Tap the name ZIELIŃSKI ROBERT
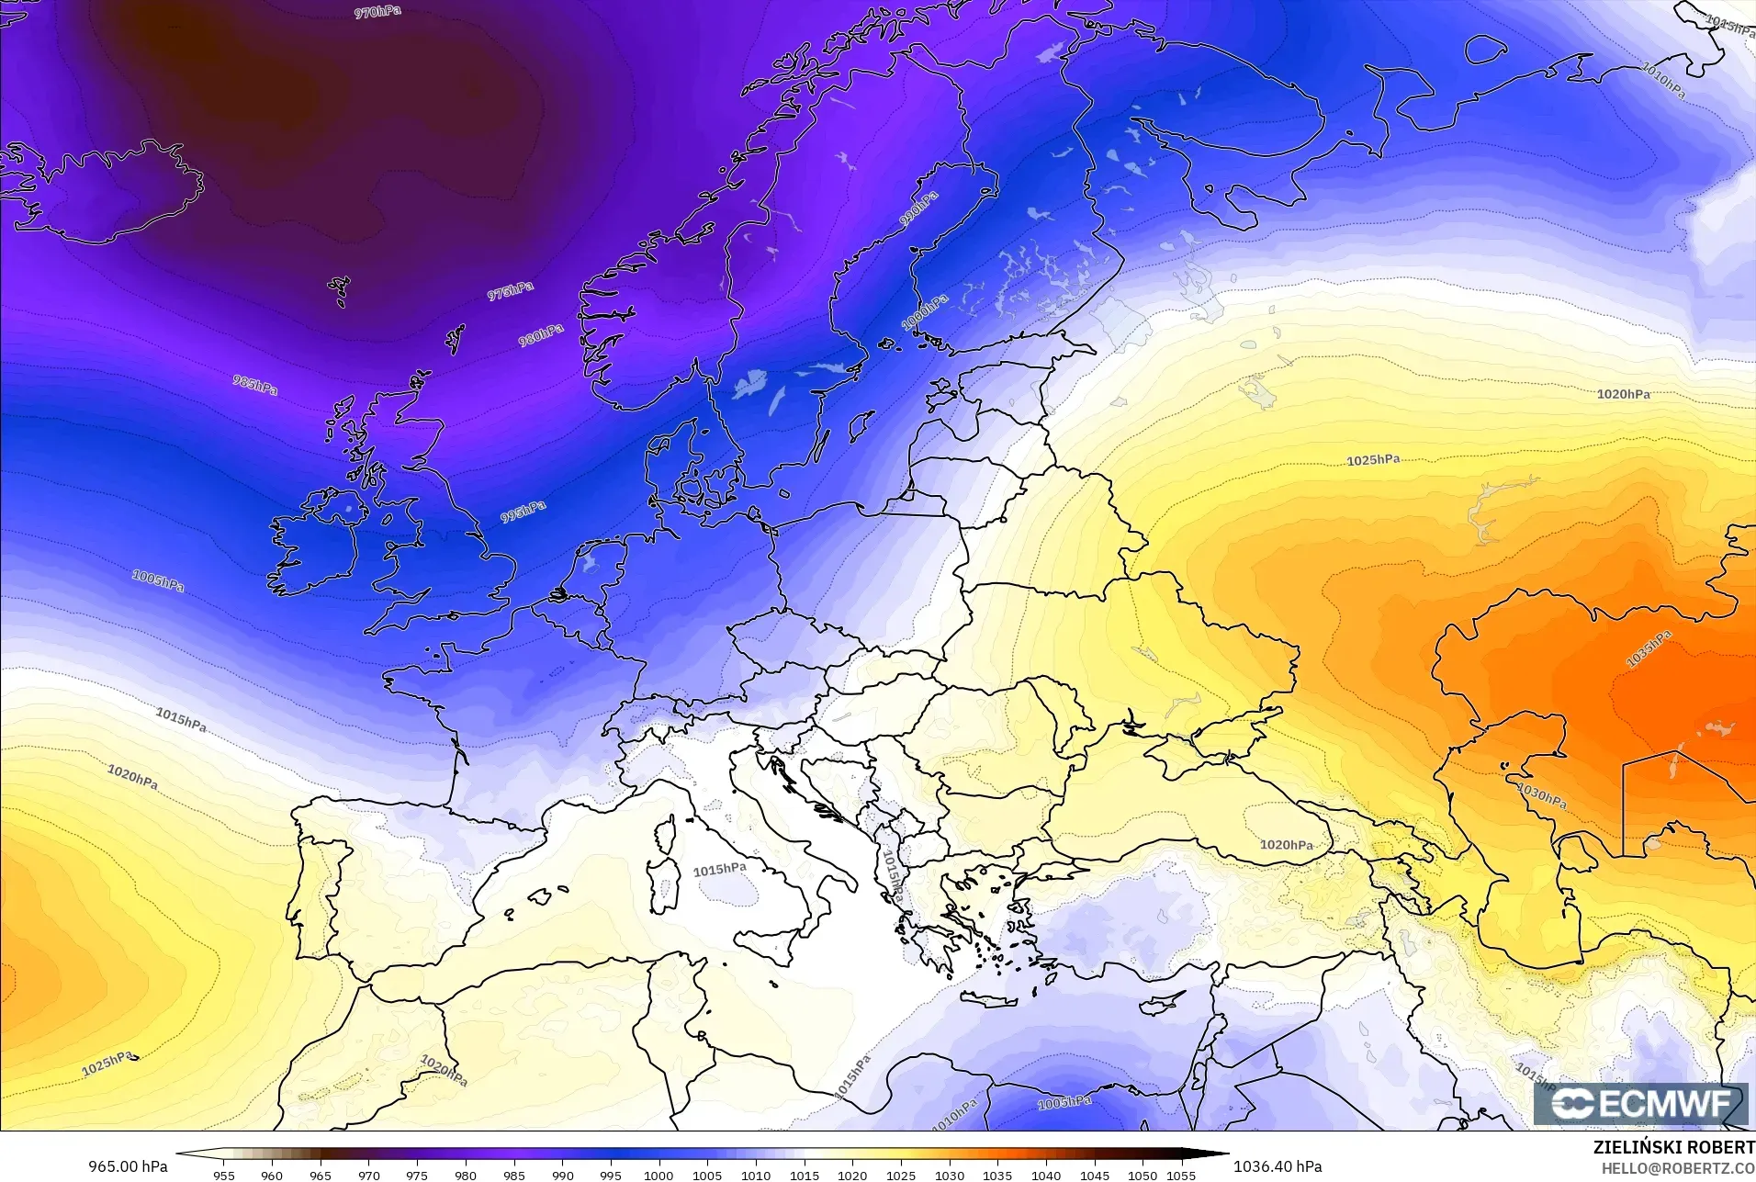tap(1673, 1148)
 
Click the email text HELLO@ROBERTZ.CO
tap(1678, 1168)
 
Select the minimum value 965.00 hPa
tap(128, 1166)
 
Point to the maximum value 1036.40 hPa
tap(1278, 1166)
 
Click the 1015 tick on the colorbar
tap(804, 1175)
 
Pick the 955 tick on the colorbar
tap(223, 1175)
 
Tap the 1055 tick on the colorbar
tap(1181, 1175)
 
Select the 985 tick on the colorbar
tap(513, 1175)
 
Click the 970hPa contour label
tap(377, 13)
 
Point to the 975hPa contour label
tap(511, 291)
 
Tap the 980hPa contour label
tap(541, 335)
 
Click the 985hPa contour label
tap(254, 386)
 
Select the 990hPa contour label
tap(918, 210)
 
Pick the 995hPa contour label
tap(523, 512)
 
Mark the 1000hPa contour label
tap(925, 313)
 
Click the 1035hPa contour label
tap(1649, 649)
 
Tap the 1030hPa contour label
tap(1542, 796)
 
